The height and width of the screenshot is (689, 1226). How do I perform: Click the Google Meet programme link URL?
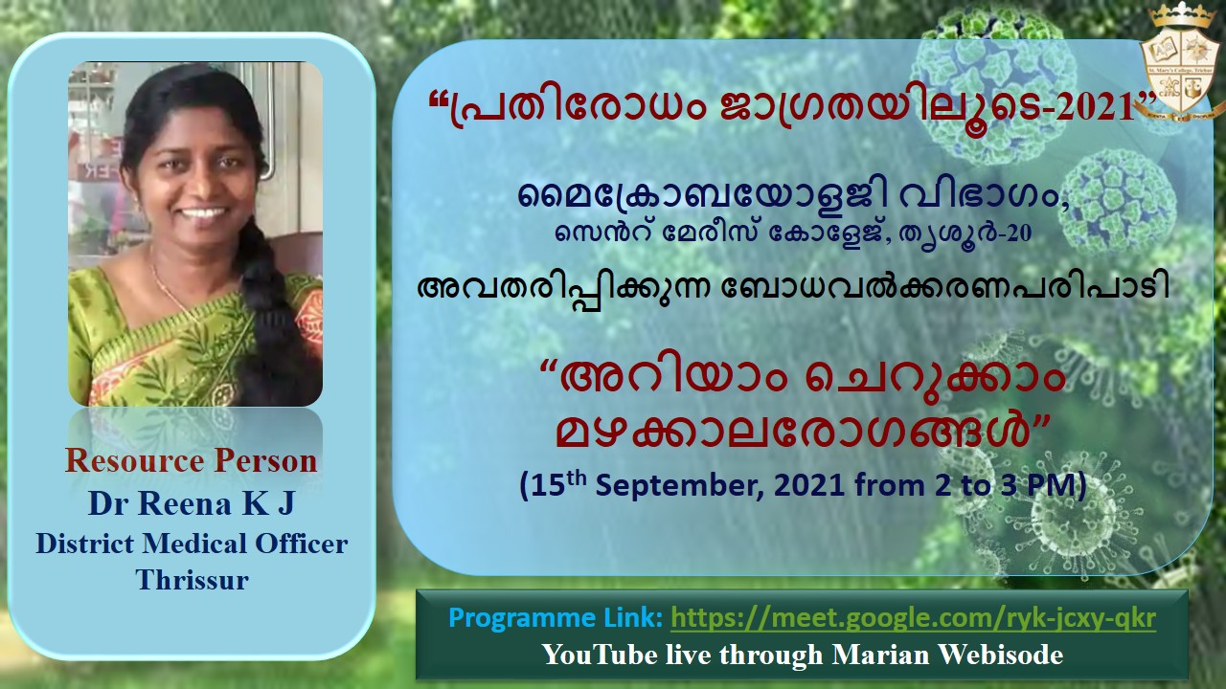913,618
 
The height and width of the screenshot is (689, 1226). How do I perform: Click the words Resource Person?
191,461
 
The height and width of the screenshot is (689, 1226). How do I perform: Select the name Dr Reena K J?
192,503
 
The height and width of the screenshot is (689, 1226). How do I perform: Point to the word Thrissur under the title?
193,579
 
